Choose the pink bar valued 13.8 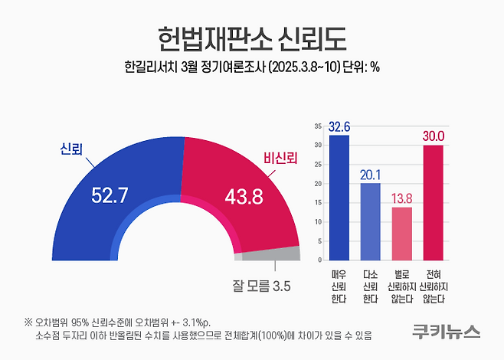point(401,234)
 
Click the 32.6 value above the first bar point(339,127)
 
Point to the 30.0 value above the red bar point(434,136)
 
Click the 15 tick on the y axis point(318,203)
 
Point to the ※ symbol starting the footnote point(28,322)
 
